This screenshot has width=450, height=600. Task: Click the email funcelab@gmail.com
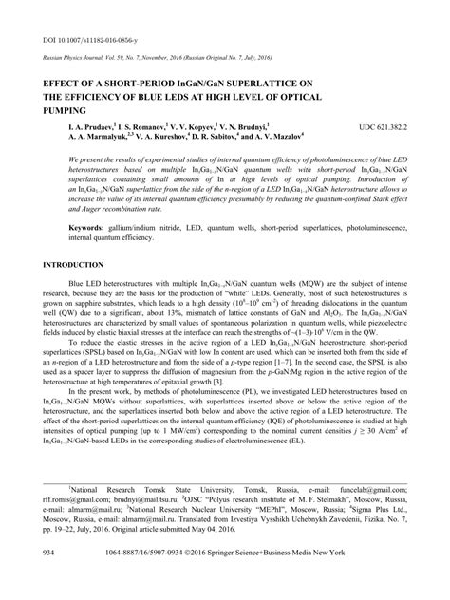378,514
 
